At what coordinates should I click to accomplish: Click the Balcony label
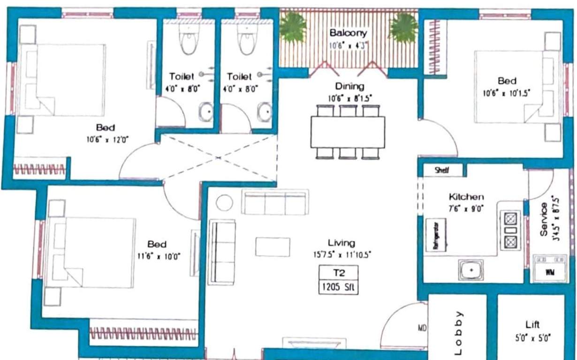348,33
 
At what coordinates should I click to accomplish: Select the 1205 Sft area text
338,287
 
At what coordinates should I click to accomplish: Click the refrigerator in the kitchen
436,235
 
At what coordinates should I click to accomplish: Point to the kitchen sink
470,270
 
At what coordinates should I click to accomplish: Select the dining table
348,132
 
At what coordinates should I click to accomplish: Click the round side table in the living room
224,202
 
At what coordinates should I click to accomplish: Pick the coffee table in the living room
273,247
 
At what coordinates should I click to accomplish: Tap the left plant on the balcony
293,27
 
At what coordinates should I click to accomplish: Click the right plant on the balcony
403,28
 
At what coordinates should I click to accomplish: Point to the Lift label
532,324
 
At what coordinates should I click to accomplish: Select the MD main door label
422,328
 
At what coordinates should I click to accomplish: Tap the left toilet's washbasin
205,112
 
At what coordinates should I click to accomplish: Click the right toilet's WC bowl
247,39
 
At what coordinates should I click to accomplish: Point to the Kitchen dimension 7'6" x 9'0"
466,208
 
